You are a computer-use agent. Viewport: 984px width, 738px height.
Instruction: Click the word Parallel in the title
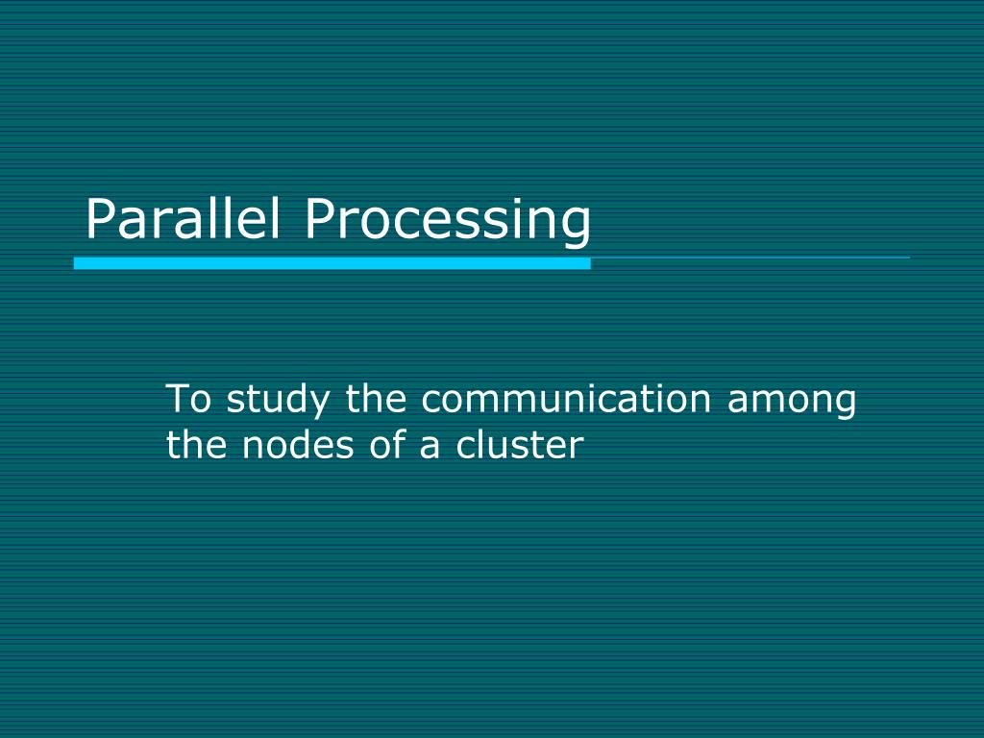pos(183,219)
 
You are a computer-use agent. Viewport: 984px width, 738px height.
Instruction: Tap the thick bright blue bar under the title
pos(332,262)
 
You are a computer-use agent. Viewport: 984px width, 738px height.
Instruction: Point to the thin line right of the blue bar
pos(750,258)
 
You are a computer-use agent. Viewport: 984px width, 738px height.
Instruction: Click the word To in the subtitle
pos(188,399)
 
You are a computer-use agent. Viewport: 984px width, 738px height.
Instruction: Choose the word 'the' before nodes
pos(198,445)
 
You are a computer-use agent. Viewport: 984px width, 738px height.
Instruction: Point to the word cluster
pos(519,445)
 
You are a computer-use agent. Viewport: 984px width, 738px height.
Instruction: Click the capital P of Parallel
pos(100,219)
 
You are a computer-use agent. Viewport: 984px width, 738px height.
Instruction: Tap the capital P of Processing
pos(320,219)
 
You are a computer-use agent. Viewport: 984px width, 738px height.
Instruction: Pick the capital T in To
pos(178,399)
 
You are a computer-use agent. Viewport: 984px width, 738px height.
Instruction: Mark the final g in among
pos(844,405)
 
